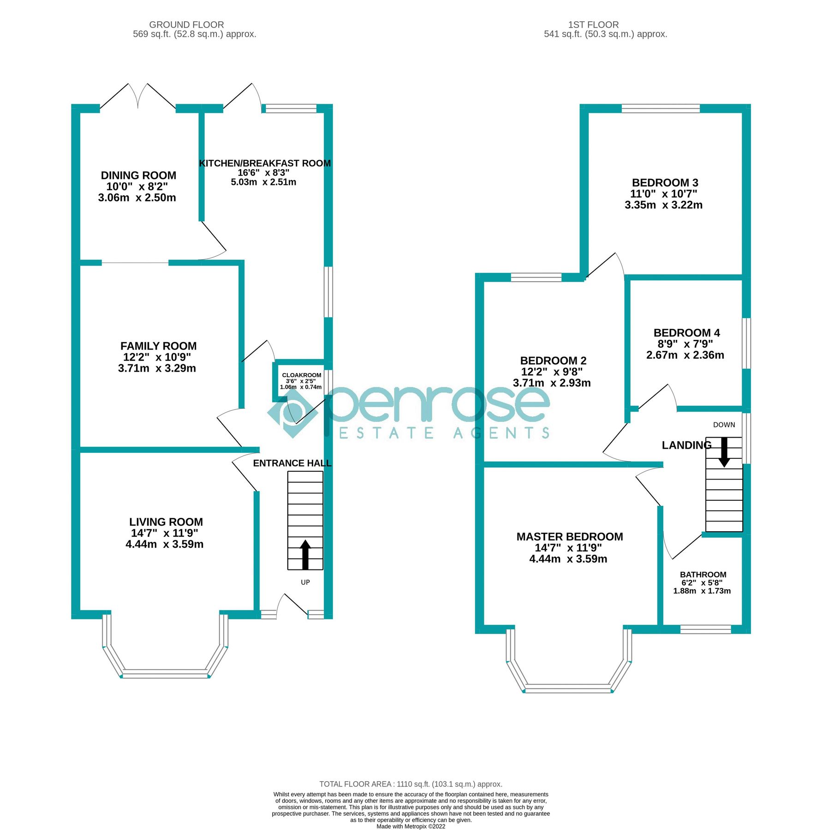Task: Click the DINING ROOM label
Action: pos(138,175)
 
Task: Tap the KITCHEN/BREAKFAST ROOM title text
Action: pos(264,163)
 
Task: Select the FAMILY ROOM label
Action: pos(158,346)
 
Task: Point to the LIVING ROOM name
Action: pos(166,522)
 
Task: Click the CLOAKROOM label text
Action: pos(301,375)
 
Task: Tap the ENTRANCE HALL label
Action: pos(292,463)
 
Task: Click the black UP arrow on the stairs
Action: pos(305,555)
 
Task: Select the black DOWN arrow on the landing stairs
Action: pos(724,452)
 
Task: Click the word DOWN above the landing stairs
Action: pos(724,425)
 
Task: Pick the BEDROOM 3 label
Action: pos(665,183)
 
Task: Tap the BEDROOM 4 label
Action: pos(686,332)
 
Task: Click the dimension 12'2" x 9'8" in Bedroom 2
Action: pos(552,372)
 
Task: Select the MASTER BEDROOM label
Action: pos(569,536)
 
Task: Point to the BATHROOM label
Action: pos(703,574)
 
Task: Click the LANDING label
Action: pos(686,445)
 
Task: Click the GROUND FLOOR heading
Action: pos(186,24)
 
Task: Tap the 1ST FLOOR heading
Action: pos(593,24)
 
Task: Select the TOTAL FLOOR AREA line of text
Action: pos(411,784)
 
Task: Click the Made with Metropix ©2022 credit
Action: pos(411,826)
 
